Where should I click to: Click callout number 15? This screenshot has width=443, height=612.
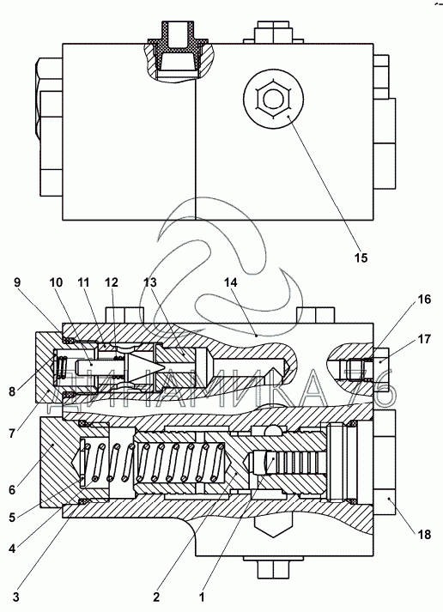click(x=361, y=258)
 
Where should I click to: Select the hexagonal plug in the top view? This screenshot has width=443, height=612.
click(x=272, y=99)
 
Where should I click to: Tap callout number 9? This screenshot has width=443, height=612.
click(x=17, y=282)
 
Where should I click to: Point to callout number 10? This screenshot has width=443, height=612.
click(x=56, y=282)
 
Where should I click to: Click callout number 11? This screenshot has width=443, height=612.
click(x=83, y=282)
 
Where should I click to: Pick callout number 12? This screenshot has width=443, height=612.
click(x=112, y=282)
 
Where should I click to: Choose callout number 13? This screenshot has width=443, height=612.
click(x=150, y=282)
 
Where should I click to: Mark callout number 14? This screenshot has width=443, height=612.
click(x=231, y=282)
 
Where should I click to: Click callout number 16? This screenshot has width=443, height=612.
click(x=424, y=300)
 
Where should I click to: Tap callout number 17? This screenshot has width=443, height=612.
click(x=424, y=339)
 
